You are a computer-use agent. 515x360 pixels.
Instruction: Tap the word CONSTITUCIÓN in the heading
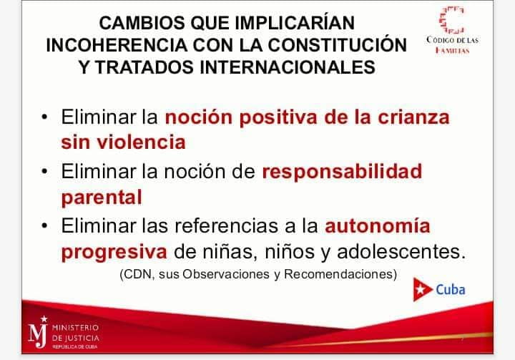pos(338,44)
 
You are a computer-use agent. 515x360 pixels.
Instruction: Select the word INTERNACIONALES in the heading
pos(288,67)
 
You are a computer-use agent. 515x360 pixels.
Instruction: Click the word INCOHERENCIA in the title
pos(117,45)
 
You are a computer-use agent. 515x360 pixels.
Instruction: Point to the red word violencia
pos(141,142)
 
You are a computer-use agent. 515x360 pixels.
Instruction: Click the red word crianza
pos(413,117)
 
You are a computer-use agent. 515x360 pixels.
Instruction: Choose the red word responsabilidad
pos(342,172)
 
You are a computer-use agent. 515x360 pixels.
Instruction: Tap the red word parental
pos(102,198)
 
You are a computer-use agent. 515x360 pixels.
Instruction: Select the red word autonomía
pos(378,225)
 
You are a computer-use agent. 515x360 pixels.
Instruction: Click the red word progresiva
pos(114,253)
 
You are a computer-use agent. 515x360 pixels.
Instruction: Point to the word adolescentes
pos(401,251)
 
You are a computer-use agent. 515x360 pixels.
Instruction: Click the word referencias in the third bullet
pos(226,225)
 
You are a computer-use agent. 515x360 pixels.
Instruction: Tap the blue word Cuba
pos(451,290)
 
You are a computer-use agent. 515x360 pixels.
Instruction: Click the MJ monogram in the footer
pos(39,332)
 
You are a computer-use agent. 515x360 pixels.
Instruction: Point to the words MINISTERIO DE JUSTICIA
pos(76,333)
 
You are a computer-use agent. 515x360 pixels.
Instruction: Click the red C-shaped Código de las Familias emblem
pos(452,20)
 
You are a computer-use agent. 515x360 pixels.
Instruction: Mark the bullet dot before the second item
pos(44,171)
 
